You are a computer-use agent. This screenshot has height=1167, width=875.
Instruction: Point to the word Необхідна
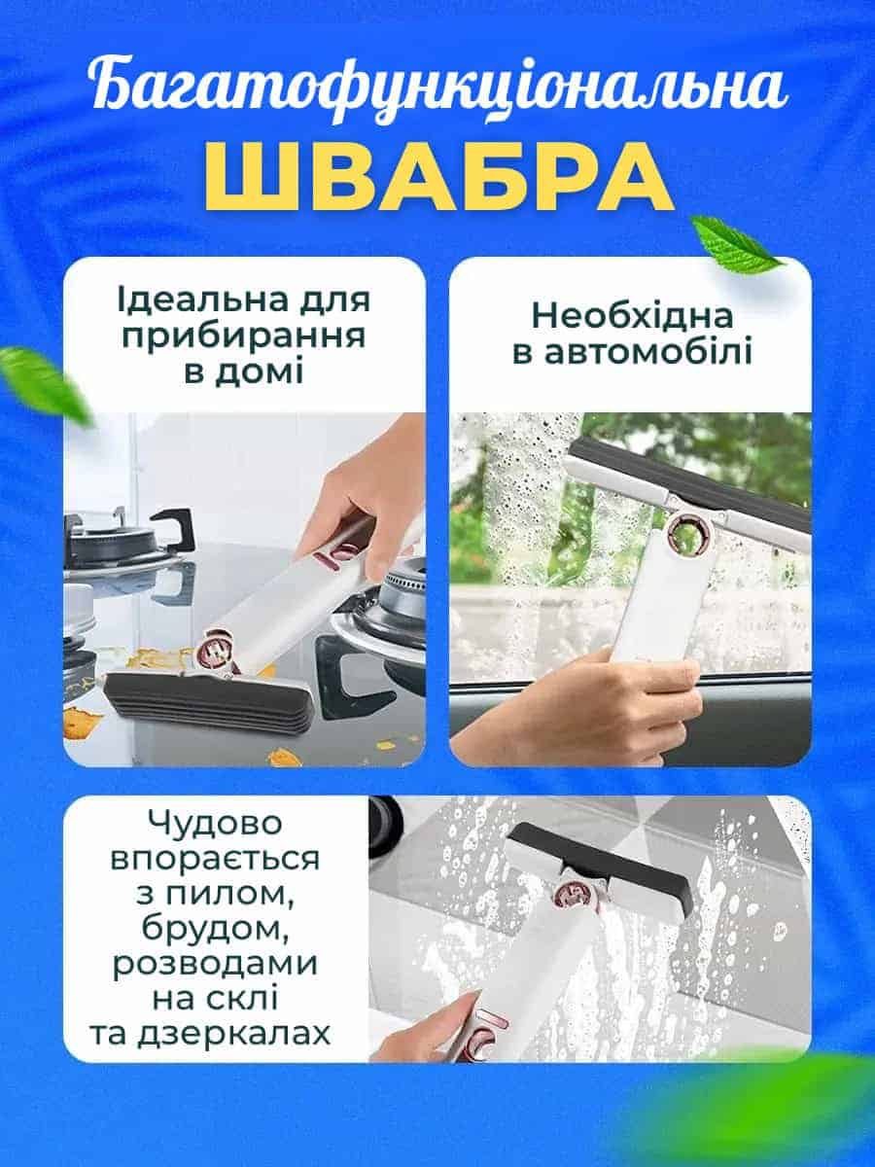[632, 317]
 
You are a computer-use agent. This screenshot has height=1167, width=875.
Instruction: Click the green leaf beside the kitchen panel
[45, 384]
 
